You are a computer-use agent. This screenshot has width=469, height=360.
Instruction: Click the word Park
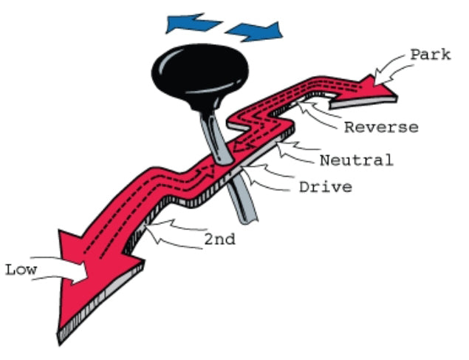[x=429, y=55]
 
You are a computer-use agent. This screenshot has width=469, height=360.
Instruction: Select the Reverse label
[x=381, y=126]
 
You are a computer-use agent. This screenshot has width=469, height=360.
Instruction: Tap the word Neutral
[x=356, y=159]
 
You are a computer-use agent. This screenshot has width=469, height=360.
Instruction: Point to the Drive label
[x=325, y=186]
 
